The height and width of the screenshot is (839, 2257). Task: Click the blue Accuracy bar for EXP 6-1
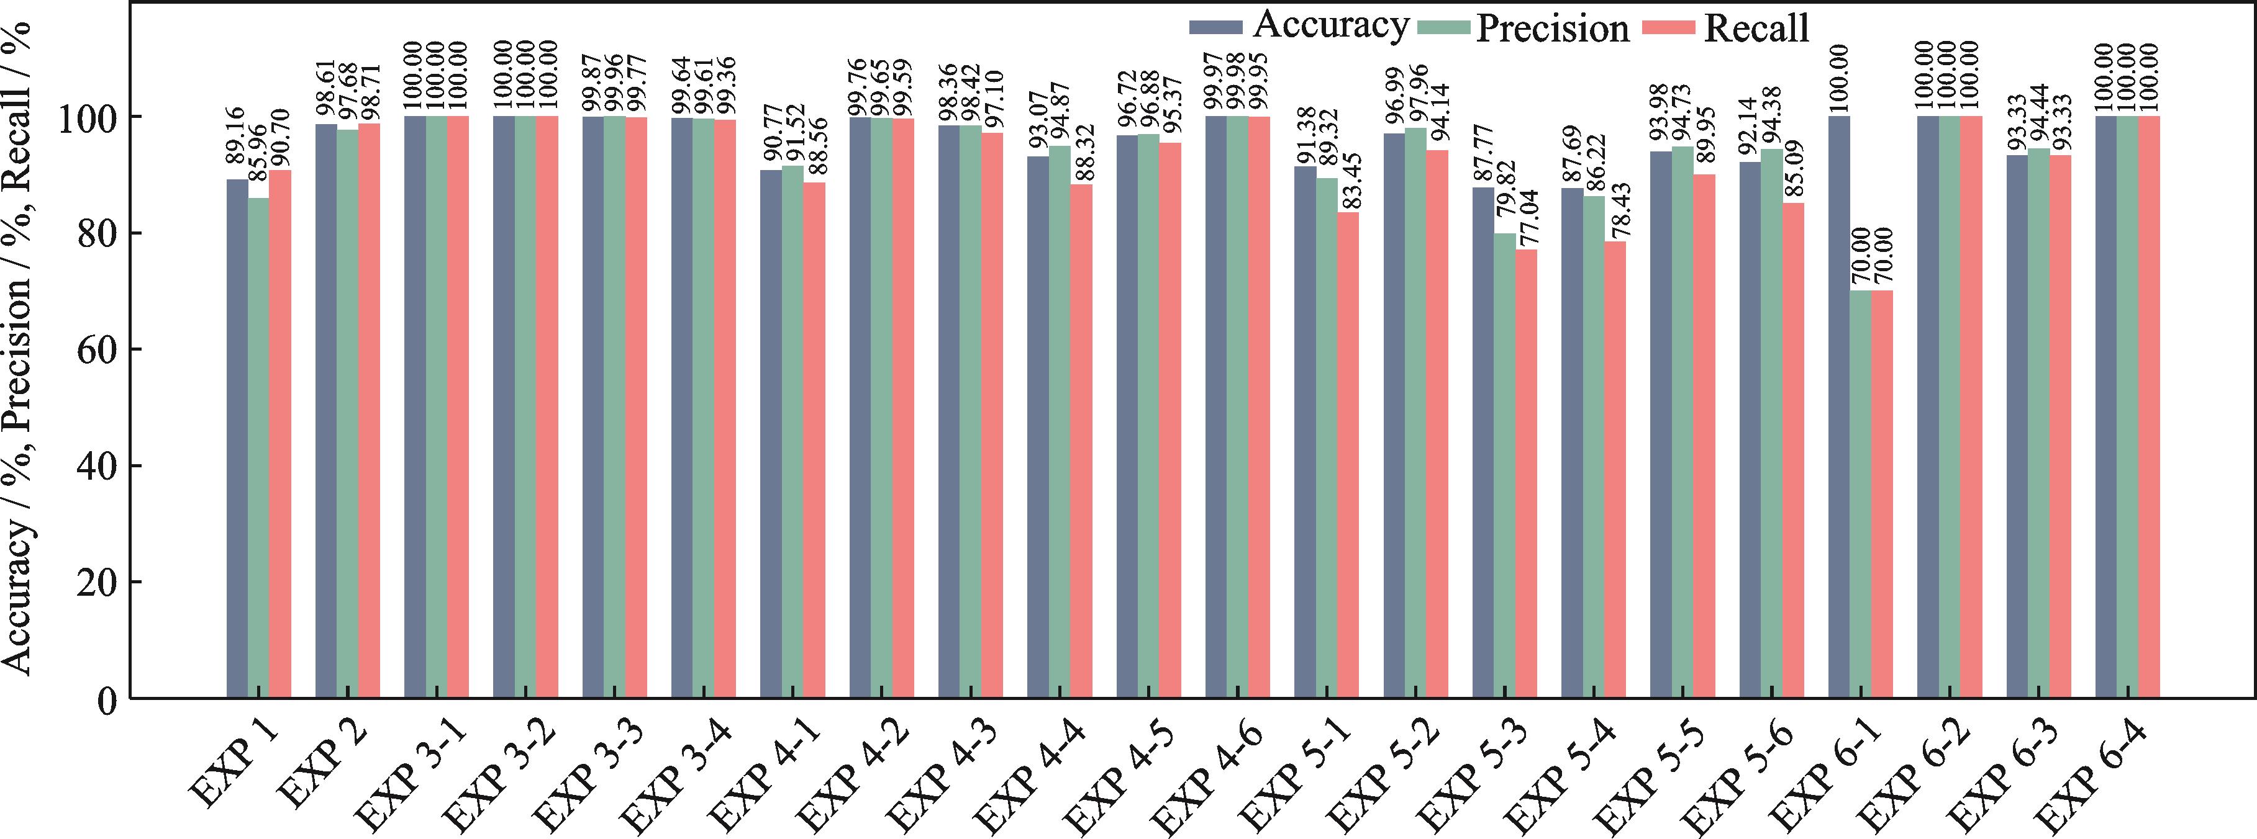click(x=1839, y=407)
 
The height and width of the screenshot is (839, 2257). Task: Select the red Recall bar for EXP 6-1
click(x=1882, y=494)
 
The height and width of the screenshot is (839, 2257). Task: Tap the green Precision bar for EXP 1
click(x=258, y=447)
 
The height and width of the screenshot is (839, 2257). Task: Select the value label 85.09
click(x=1794, y=169)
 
